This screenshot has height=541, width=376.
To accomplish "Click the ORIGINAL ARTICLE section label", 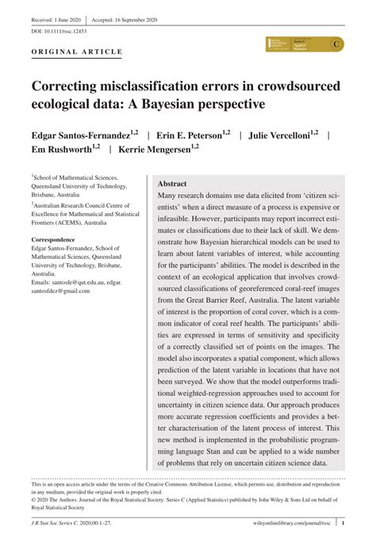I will (x=77, y=52).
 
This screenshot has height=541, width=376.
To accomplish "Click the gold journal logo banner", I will (x=305, y=44).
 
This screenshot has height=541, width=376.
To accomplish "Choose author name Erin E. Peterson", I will (x=190, y=135).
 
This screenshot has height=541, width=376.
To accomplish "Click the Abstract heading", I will (x=172, y=182).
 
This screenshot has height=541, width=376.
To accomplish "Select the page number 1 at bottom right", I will (x=342, y=522).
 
